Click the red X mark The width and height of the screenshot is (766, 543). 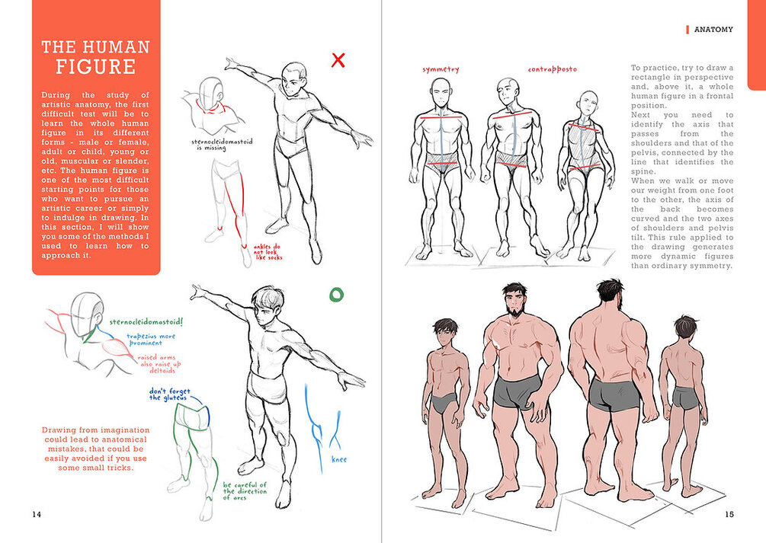tap(338, 60)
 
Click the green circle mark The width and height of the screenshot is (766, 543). tap(336, 295)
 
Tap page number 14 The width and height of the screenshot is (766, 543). tap(37, 514)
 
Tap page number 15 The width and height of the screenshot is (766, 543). tap(729, 514)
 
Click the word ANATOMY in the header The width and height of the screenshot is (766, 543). tap(713, 29)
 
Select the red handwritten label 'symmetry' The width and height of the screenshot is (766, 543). tap(441, 69)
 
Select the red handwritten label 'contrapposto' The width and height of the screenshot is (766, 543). tap(552, 69)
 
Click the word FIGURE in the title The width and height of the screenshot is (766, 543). tap(95, 67)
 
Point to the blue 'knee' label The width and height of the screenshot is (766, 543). tap(339, 459)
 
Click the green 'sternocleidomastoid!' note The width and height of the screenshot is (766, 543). tap(146, 322)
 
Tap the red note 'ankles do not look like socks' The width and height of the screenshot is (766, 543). tap(268, 252)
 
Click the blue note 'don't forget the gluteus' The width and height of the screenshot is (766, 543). tap(169, 394)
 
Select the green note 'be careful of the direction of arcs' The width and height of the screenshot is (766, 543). tap(245, 491)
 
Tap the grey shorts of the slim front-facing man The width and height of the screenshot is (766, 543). tap(444, 404)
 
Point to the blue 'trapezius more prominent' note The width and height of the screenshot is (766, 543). tap(150, 340)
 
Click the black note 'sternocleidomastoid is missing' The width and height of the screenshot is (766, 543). tap(222, 145)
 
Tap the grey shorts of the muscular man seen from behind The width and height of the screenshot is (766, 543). tap(613, 394)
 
